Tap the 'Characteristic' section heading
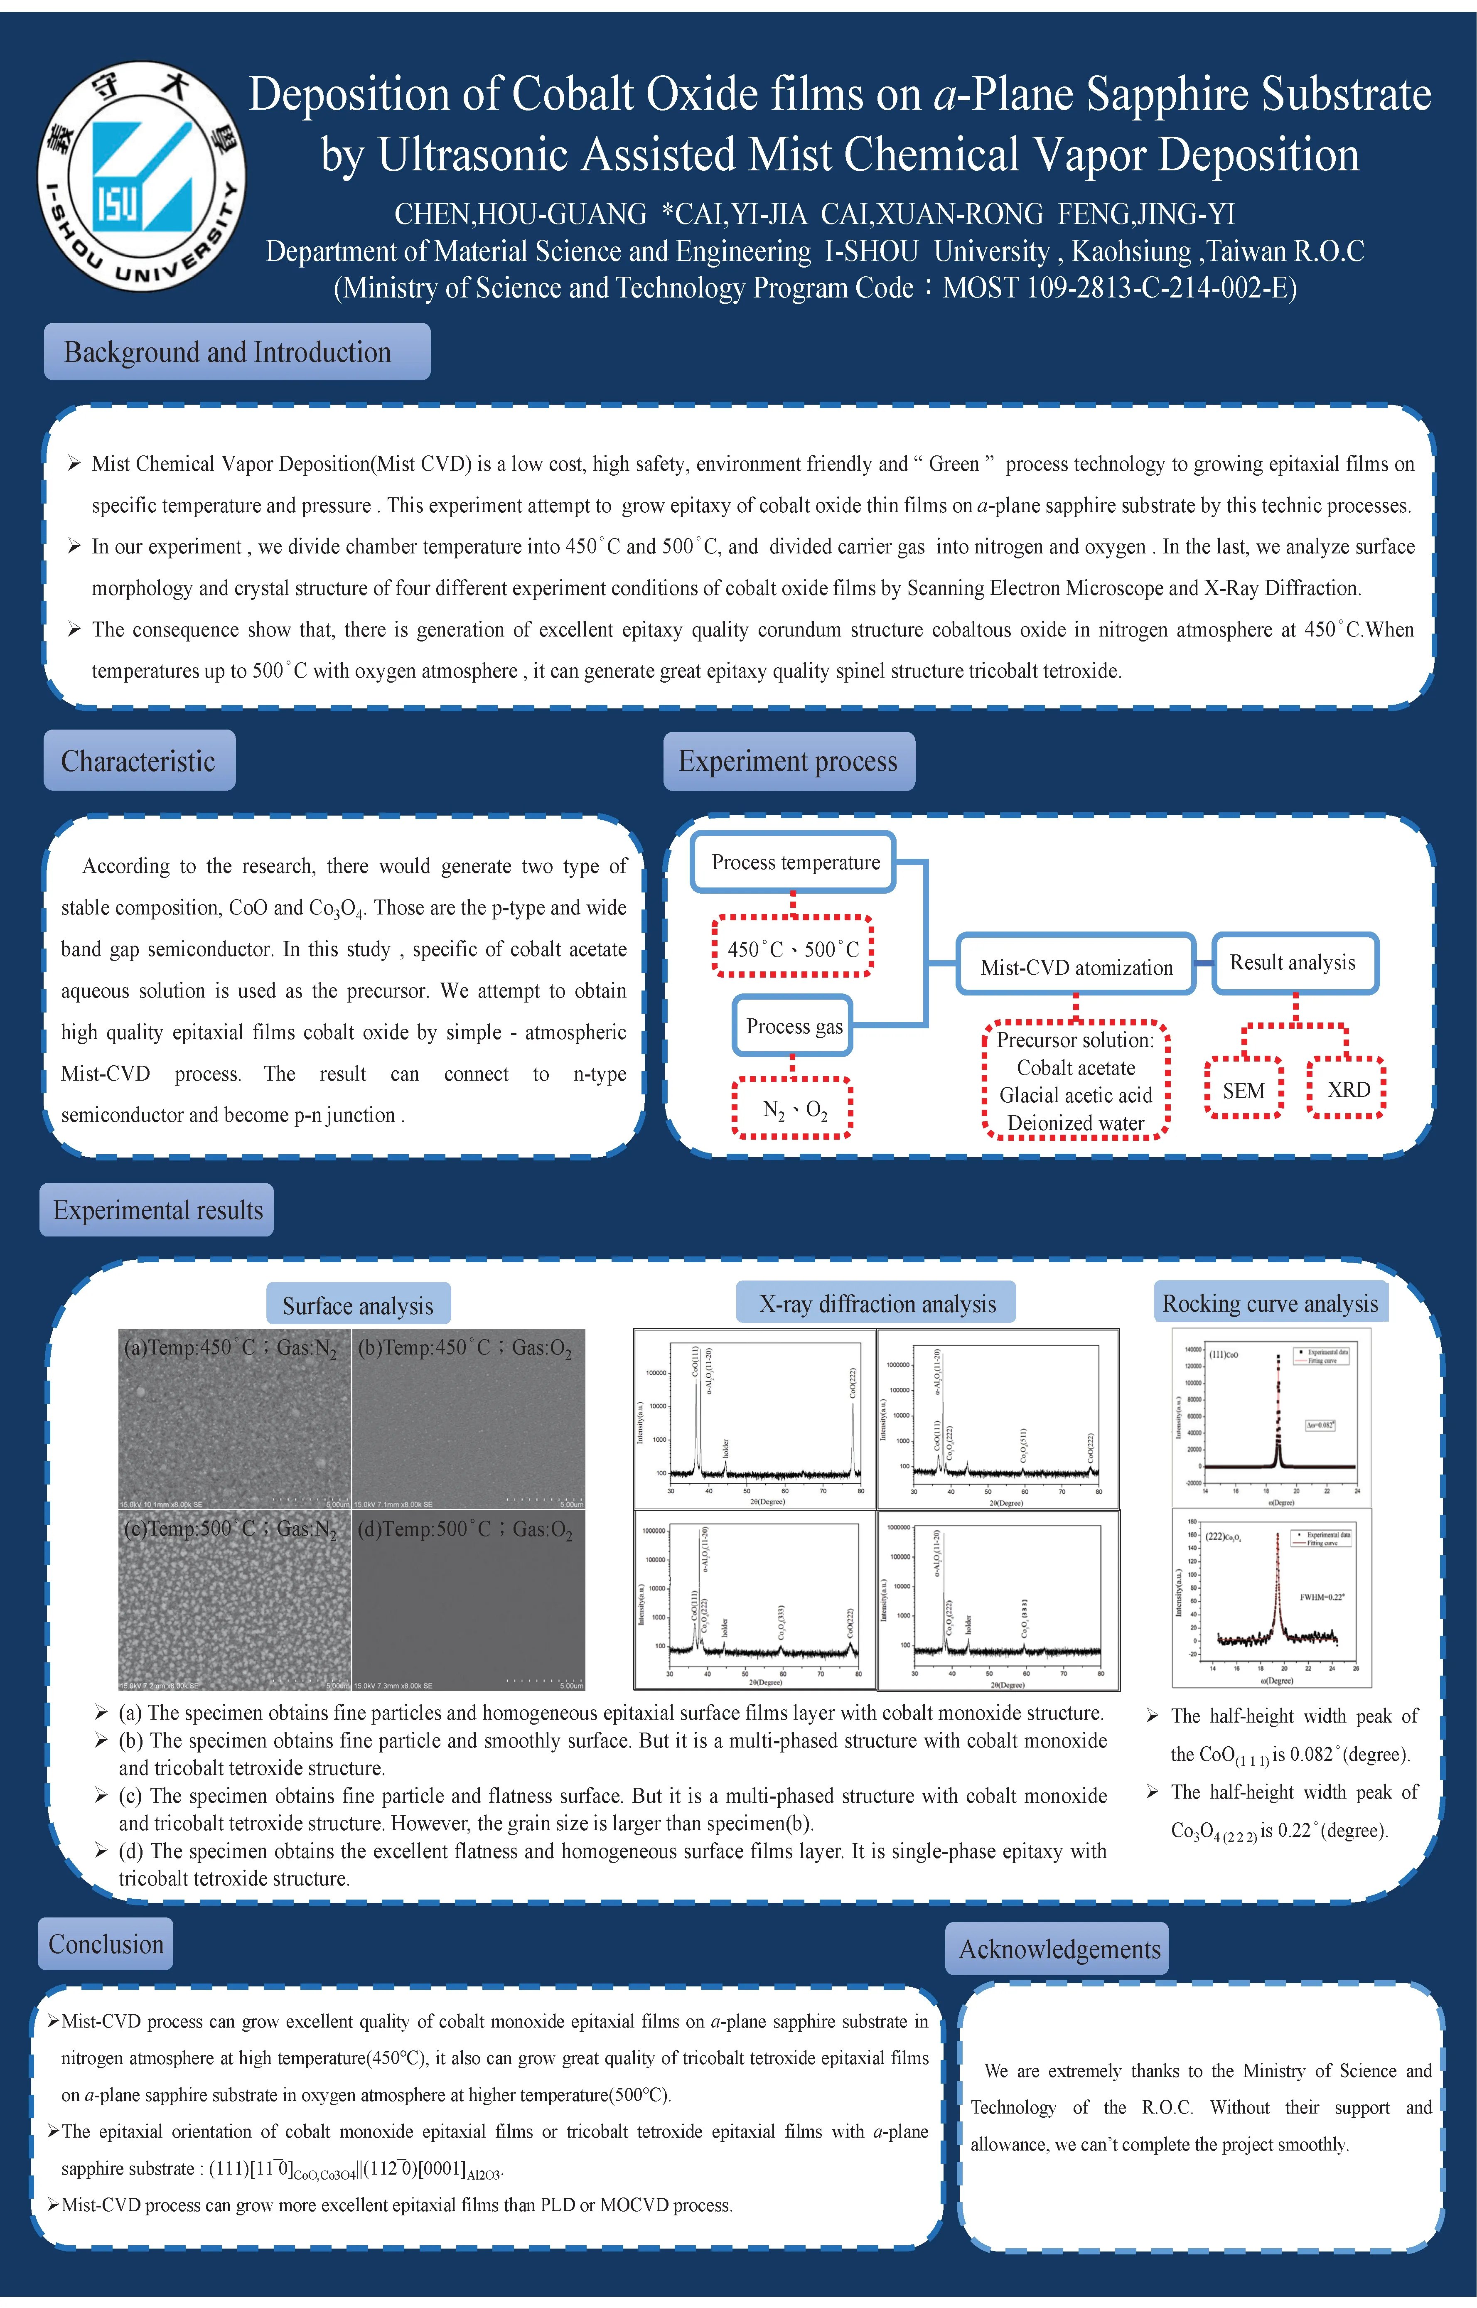point(139,760)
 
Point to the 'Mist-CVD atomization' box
point(1076,966)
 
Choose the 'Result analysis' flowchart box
point(1294,963)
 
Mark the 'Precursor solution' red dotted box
point(1075,1081)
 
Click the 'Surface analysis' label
point(358,1305)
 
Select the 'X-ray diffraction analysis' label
point(877,1303)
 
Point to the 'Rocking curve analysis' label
point(1270,1303)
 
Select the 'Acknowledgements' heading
point(1059,1949)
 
